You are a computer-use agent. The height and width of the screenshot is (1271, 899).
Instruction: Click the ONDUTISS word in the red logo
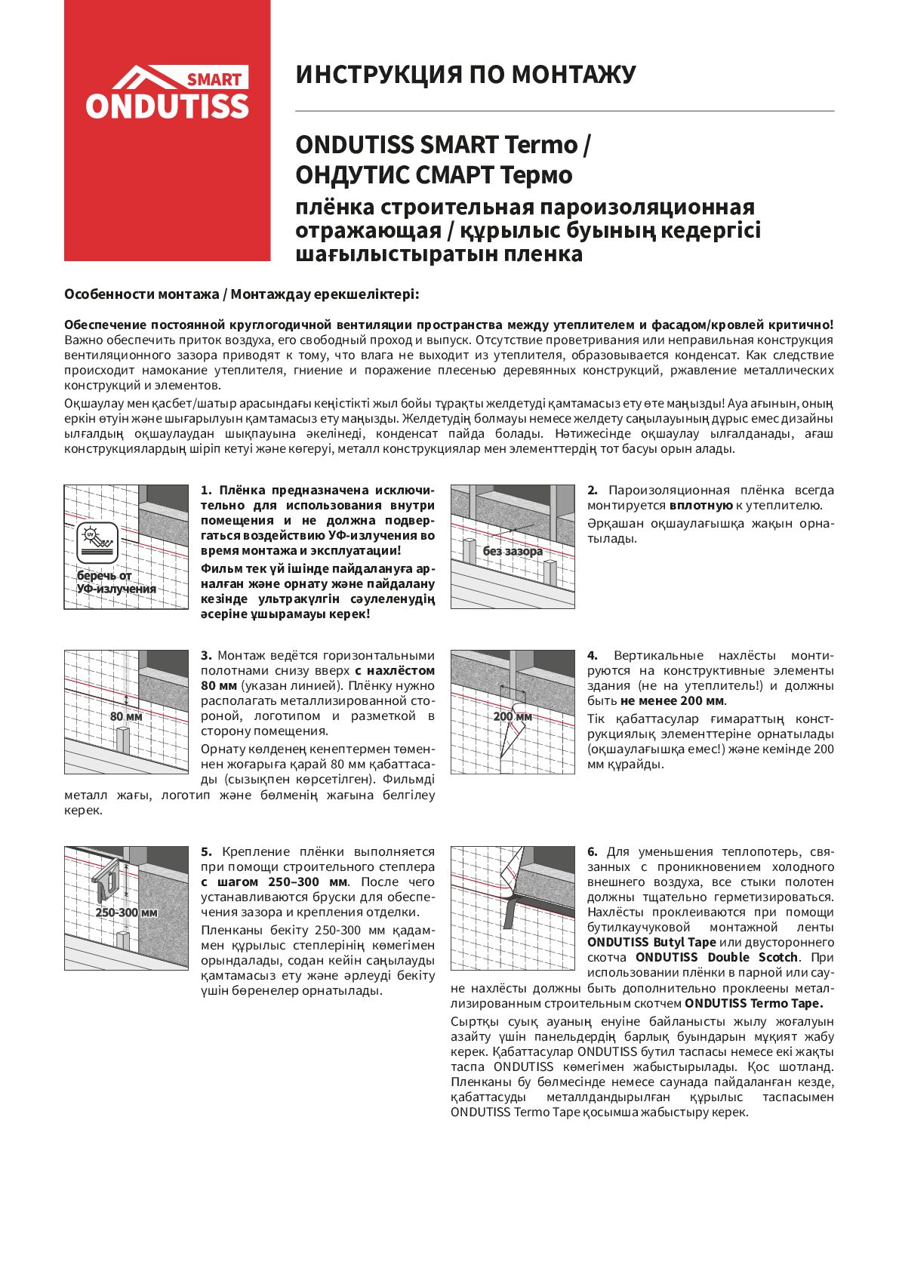pyautogui.click(x=167, y=106)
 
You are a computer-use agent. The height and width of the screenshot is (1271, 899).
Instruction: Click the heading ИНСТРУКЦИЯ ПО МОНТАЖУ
pyautogui.click(x=465, y=75)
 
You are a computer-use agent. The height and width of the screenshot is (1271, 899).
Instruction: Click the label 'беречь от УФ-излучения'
pyautogui.click(x=115, y=582)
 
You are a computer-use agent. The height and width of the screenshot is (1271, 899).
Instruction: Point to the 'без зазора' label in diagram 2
pyautogui.click(x=513, y=551)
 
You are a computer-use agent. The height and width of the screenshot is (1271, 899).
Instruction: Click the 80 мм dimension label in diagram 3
pyautogui.click(x=126, y=716)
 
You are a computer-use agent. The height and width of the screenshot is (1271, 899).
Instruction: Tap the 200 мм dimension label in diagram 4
pyautogui.click(x=513, y=716)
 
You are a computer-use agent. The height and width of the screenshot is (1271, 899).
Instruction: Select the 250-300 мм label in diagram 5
pyautogui.click(x=126, y=912)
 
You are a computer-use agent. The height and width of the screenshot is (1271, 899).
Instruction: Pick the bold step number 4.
pyautogui.click(x=593, y=655)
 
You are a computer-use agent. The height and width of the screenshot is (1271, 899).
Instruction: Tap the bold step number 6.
pyautogui.click(x=593, y=851)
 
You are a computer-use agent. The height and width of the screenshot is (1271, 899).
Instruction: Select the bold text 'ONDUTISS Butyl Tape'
pyautogui.click(x=651, y=942)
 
